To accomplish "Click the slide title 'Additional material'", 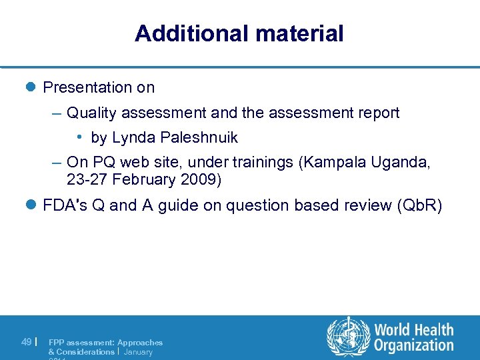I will click(x=239, y=33).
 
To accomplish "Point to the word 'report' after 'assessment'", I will click(x=378, y=113).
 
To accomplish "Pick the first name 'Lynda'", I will click(x=132, y=138).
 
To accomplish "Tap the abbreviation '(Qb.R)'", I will click(x=419, y=205).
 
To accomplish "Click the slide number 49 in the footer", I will click(x=26, y=342).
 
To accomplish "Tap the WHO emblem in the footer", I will click(x=347, y=337).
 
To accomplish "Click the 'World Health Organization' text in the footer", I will click(x=413, y=337).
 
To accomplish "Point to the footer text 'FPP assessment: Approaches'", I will click(x=105, y=342).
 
